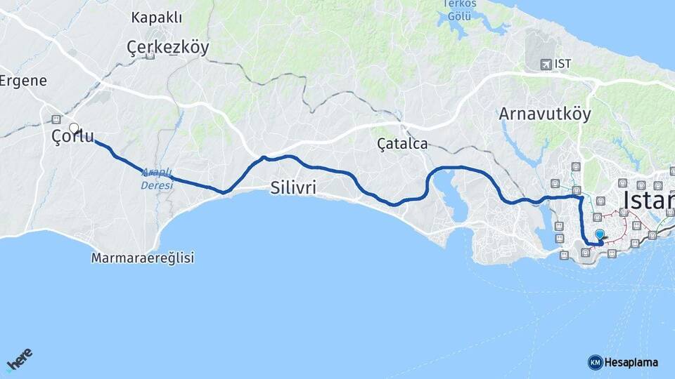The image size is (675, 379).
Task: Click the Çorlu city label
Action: [x=73, y=137]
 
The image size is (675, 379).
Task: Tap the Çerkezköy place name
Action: [x=168, y=47]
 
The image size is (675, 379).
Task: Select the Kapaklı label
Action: [x=156, y=19]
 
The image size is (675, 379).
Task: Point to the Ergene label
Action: [x=22, y=80]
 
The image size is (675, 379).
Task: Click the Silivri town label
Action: [x=292, y=187]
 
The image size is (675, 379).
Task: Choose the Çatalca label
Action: [x=402, y=144]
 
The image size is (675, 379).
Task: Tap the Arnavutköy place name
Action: [x=545, y=113]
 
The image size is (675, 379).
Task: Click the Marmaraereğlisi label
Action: [x=142, y=258]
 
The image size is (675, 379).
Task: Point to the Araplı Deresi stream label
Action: [x=156, y=178]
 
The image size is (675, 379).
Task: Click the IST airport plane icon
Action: [x=546, y=64]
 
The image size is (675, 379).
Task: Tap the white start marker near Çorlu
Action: [x=73, y=128]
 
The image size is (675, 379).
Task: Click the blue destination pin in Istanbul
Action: [x=599, y=235]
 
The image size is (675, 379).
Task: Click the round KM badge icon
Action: [x=595, y=362]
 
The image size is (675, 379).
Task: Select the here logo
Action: [x=19, y=361]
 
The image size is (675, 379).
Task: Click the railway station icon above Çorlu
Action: [x=56, y=119]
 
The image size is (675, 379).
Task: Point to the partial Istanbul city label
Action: [x=648, y=201]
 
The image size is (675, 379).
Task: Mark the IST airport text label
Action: [x=562, y=64]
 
